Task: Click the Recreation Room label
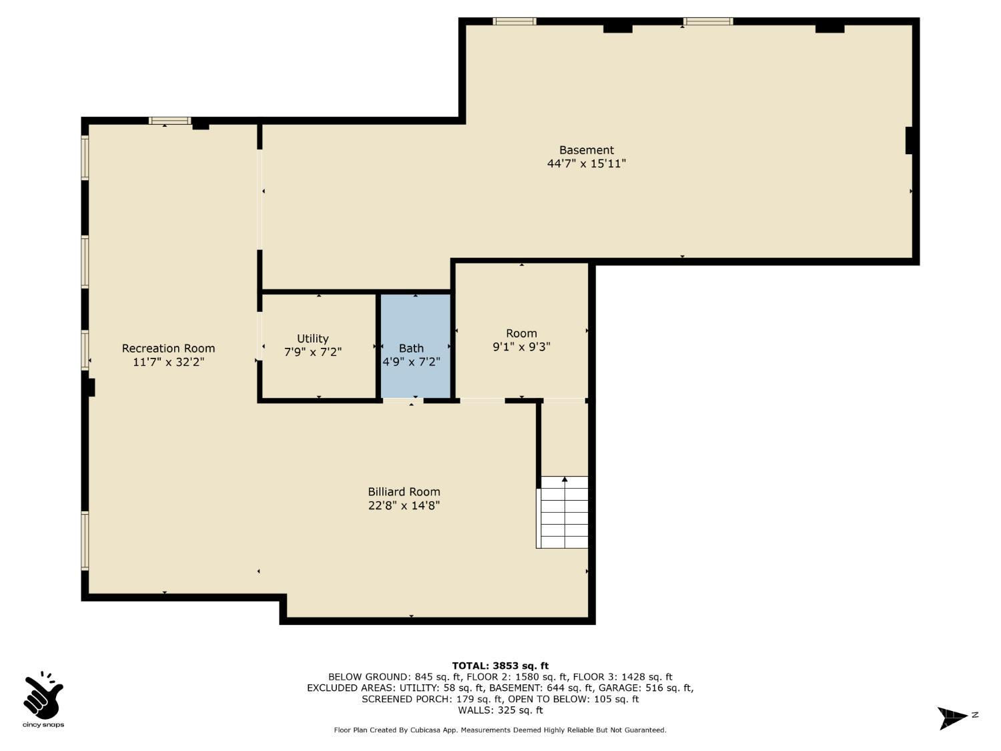pyautogui.click(x=168, y=348)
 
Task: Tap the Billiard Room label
pyautogui.click(x=404, y=491)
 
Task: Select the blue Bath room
pyautogui.click(x=416, y=346)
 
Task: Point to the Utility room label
pyautogui.click(x=313, y=339)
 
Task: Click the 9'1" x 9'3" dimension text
pyautogui.click(x=521, y=346)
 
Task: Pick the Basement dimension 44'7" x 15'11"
pyautogui.click(x=587, y=164)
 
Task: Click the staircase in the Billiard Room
pyautogui.click(x=562, y=512)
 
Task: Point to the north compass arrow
pyautogui.click(x=952, y=718)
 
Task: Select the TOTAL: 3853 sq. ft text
pyautogui.click(x=500, y=666)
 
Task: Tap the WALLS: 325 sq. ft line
pyautogui.click(x=500, y=710)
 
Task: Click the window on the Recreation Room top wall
pyautogui.click(x=170, y=121)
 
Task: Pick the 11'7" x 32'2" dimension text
pyautogui.click(x=168, y=362)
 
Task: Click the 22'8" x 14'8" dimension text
pyautogui.click(x=404, y=505)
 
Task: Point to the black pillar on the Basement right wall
pyautogui.click(x=908, y=140)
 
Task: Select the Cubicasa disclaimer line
pyautogui.click(x=500, y=730)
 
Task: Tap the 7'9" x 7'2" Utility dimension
pyautogui.click(x=313, y=352)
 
